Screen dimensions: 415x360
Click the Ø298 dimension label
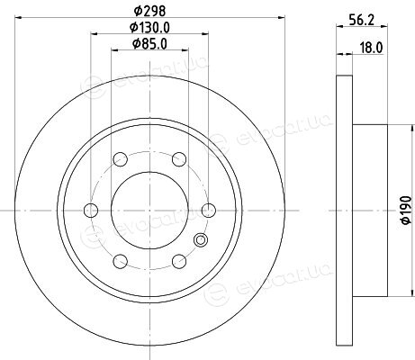(x=149, y=11)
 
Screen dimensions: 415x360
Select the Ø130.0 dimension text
(x=149, y=28)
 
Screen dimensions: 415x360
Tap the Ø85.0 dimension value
(x=149, y=44)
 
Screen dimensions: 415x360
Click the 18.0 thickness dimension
(x=371, y=48)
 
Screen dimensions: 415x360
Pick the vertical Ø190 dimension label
(x=406, y=210)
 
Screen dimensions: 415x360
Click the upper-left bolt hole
(x=121, y=159)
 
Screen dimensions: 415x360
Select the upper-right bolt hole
(x=179, y=159)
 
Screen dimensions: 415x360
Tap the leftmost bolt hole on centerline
(x=91, y=210)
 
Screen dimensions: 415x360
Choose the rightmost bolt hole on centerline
(x=209, y=210)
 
